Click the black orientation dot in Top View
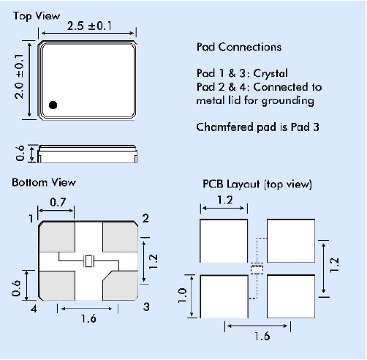click(x=53, y=105)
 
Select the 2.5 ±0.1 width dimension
click(x=89, y=26)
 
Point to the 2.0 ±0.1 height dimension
click(x=19, y=76)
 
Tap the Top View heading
click(x=37, y=16)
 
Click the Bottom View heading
click(x=44, y=182)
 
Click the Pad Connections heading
click(x=239, y=47)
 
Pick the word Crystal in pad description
click(x=270, y=73)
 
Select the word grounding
click(x=288, y=101)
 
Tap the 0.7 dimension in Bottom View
click(x=58, y=202)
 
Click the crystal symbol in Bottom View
click(x=88, y=260)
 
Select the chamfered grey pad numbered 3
click(x=121, y=285)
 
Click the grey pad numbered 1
click(x=57, y=237)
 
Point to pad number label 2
click(x=145, y=218)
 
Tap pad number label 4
click(x=34, y=309)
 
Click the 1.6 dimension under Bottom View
click(x=88, y=318)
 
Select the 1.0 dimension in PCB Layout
click(x=183, y=296)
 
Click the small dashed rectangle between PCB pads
click(x=257, y=269)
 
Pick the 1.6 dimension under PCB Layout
click(x=262, y=336)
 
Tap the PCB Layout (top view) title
click(x=257, y=184)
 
